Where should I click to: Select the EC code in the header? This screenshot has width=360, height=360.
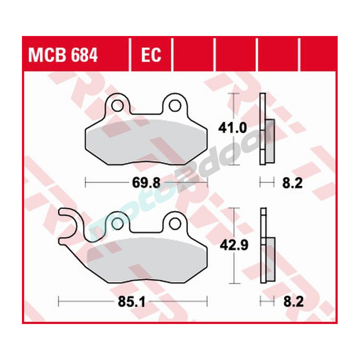pos(151,56)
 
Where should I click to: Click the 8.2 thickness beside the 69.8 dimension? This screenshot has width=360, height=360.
pos(292,183)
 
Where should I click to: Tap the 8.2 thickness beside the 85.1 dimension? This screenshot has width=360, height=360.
pos(292,301)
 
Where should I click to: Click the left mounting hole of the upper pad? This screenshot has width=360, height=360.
pos(117,105)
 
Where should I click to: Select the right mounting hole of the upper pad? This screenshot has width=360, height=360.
pos(175,105)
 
